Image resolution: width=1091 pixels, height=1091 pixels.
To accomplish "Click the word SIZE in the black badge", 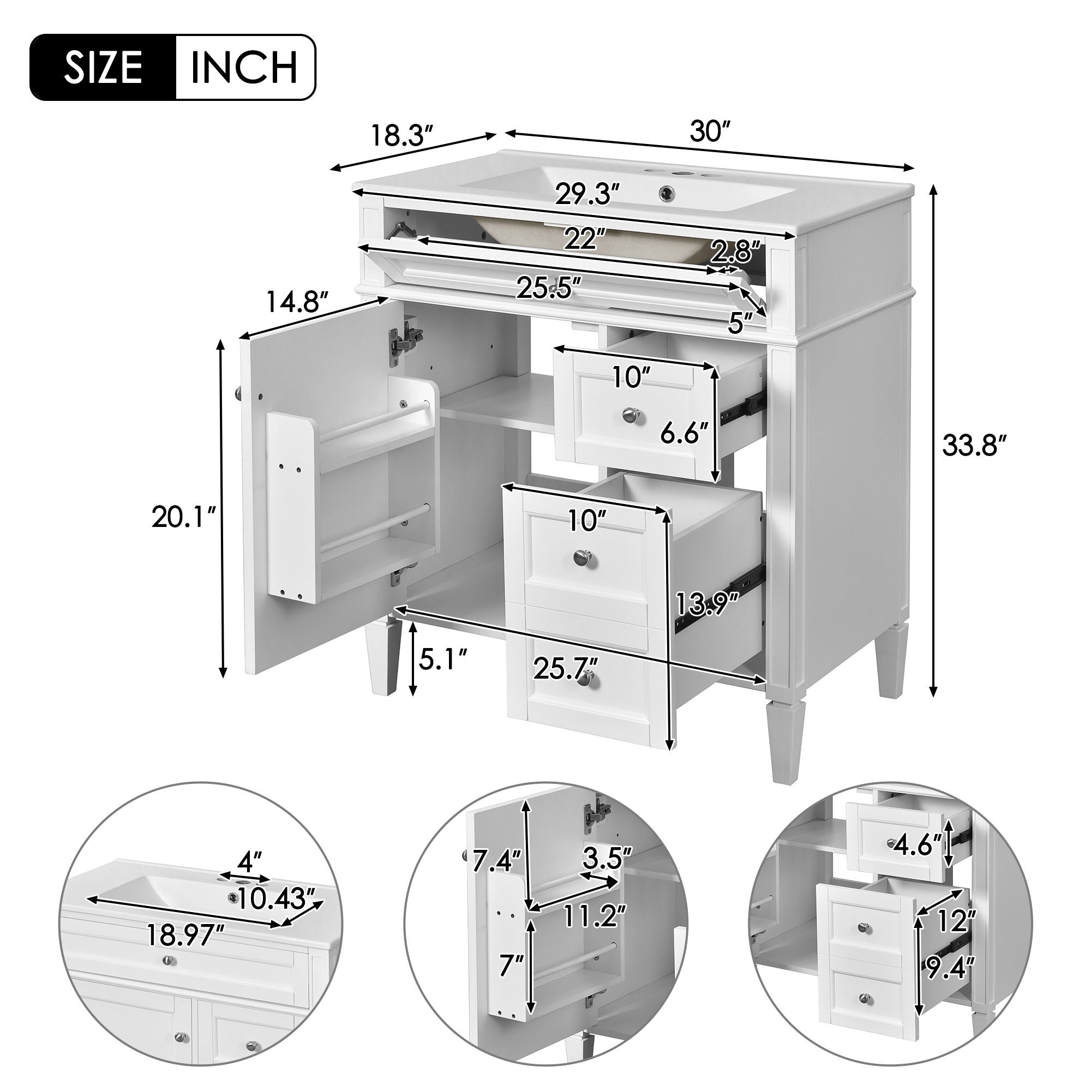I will (x=103, y=68).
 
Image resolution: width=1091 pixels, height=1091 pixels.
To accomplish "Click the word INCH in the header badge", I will (x=244, y=68).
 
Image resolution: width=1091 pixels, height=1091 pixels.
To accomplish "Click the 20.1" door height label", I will (x=183, y=517).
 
